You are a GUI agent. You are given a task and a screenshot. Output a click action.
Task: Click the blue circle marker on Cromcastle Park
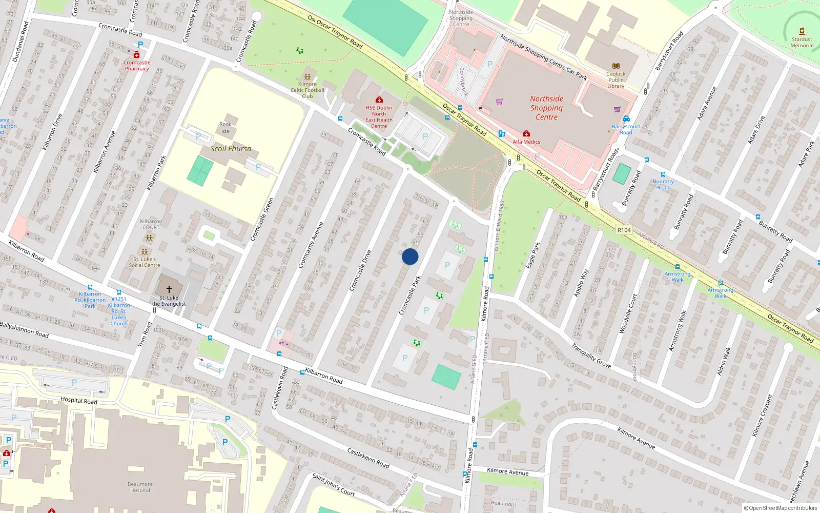click(x=410, y=256)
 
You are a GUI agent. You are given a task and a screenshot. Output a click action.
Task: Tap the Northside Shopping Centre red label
click(x=546, y=108)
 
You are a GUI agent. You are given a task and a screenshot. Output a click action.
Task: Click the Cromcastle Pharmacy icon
click(x=137, y=54)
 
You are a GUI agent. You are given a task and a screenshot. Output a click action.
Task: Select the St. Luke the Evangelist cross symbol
click(x=169, y=289)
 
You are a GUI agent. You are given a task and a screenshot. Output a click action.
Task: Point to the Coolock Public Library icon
click(x=616, y=66)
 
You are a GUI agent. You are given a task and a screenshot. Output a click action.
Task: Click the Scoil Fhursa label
click(x=231, y=149)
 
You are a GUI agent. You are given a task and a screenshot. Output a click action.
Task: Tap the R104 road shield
click(x=624, y=230)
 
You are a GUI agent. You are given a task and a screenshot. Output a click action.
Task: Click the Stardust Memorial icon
click(x=802, y=31)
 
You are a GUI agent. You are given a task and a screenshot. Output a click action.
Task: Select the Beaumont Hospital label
click(x=140, y=487)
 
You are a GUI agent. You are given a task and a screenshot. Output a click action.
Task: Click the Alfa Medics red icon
click(x=526, y=134)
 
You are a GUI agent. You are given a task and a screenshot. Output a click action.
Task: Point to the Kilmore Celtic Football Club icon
click(x=307, y=77)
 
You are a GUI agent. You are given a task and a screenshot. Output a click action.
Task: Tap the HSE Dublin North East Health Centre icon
click(x=379, y=100)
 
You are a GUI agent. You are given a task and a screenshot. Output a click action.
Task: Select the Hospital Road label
click(x=78, y=400)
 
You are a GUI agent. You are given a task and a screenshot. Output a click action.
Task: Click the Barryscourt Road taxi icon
click(x=626, y=119)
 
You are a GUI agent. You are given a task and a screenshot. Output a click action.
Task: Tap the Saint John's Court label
click(x=334, y=485)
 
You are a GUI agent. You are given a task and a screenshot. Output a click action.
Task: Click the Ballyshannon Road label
click(x=24, y=329)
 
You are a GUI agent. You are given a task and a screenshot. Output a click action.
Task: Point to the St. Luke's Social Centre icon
click(x=145, y=252)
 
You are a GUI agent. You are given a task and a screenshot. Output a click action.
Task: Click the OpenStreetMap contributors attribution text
click(x=780, y=508)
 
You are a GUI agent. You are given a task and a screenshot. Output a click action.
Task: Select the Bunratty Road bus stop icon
click(x=663, y=175)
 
